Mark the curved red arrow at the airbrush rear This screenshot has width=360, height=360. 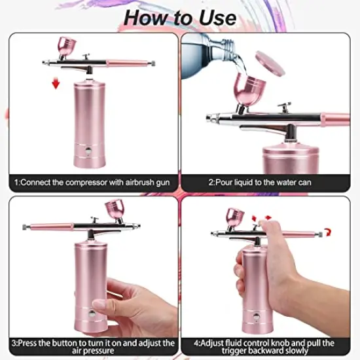pyautogui.click(x=327, y=231)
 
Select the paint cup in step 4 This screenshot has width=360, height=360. pyautogui.click(x=235, y=216)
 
